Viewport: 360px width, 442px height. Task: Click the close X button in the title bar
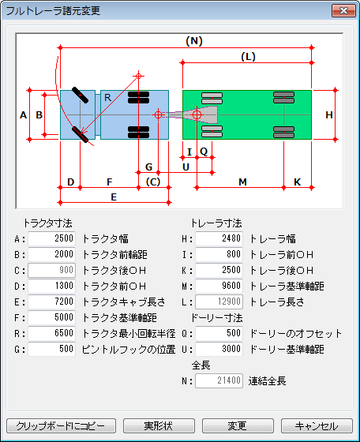pyautogui.click(x=343, y=11)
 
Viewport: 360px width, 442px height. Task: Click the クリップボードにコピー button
pyautogui.click(x=61, y=425)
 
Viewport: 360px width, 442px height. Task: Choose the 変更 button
pyautogui.click(x=238, y=425)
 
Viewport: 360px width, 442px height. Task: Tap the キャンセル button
pyautogui.click(x=317, y=425)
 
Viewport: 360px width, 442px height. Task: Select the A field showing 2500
pyautogui.click(x=52, y=238)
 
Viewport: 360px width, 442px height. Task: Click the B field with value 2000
pyautogui.click(x=52, y=254)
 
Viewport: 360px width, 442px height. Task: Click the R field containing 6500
pyautogui.click(x=52, y=333)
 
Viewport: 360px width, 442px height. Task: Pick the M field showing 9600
pyautogui.click(x=219, y=286)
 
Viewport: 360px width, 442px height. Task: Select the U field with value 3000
pyautogui.click(x=219, y=349)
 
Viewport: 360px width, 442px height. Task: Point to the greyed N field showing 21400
pyautogui.click(x=219, y=380)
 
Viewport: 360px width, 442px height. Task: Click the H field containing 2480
pyautogui.click(x=219, y=238)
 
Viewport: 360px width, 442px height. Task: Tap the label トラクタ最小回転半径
pyautogui.click(x=129, y=334)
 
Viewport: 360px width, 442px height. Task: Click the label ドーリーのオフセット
pyautogui.click(x=296, y=334)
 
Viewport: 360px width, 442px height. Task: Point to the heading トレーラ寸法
pyautogui.click(x=216, y=223)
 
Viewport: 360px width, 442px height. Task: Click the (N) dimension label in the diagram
pyautogui.click(x=194, y=41)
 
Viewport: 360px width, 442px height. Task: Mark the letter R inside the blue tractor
pyautogui.click(x=107, y=98)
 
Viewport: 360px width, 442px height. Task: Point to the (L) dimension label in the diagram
pyautogui.click(x=248, y=57)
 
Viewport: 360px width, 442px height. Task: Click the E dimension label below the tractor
pyautogui.click(x=114, y=197)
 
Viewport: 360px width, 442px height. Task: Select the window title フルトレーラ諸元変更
pyautogui.click(x=53, y=11)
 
